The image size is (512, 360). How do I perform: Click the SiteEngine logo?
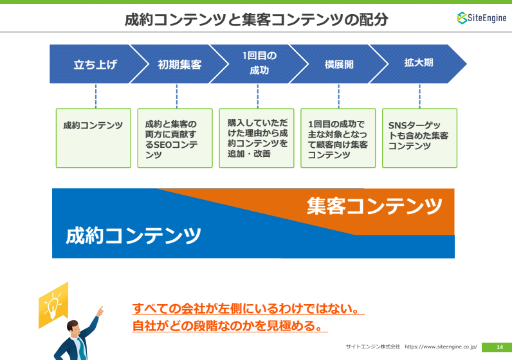click(482, 18)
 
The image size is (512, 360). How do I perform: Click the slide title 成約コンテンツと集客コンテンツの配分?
click(257, 19)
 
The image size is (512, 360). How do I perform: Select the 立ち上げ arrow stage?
click(95, 64)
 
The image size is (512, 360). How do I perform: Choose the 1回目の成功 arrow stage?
click(259, 64)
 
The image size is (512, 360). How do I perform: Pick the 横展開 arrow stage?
click(339, 64)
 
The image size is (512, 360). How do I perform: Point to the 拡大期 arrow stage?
click(418, 64)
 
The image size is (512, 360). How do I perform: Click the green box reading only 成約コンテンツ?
click(93, 138)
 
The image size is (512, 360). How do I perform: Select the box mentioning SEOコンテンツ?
click(175, 138)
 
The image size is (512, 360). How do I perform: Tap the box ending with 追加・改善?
click(257, 138)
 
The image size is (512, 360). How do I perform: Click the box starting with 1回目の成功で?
click(338, 138)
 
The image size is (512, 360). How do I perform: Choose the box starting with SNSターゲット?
click(419, 138)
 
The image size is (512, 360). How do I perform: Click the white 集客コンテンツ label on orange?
click(374, 206)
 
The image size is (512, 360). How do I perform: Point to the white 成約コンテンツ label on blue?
click(133, 236)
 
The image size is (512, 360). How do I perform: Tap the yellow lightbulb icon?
click(53, 305)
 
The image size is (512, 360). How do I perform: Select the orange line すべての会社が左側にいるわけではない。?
click(248, 309)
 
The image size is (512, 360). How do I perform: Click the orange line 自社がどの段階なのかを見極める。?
click(230, 326)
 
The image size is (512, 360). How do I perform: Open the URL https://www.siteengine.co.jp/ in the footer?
click(441, 346)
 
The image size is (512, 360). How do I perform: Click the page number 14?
click(500, 347)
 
